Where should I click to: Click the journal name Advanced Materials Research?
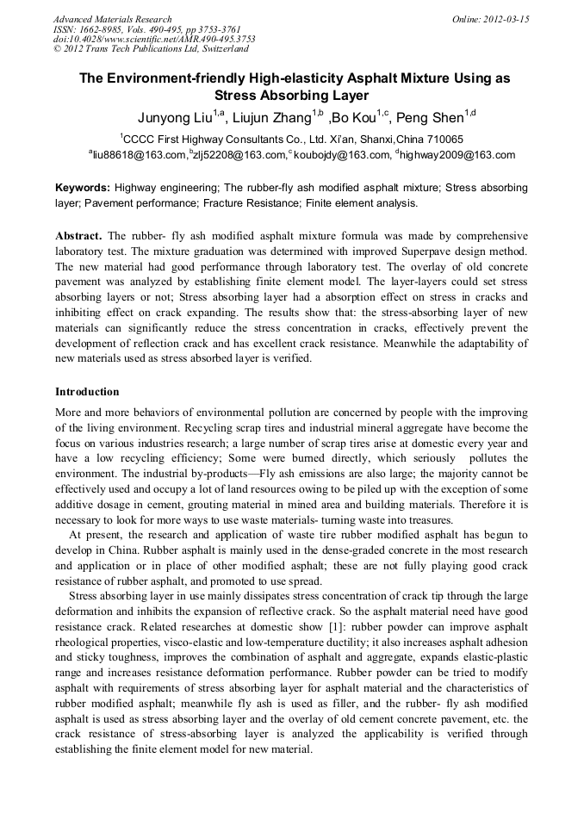coord(112,19)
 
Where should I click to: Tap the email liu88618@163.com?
coord(139,156)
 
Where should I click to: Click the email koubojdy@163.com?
coord(342,156)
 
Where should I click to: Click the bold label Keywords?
coord(83,187)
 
